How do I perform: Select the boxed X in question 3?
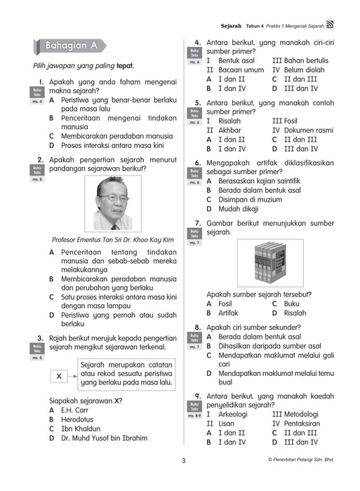(x=58, y=377)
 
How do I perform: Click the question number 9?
(x=199, y=396)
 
